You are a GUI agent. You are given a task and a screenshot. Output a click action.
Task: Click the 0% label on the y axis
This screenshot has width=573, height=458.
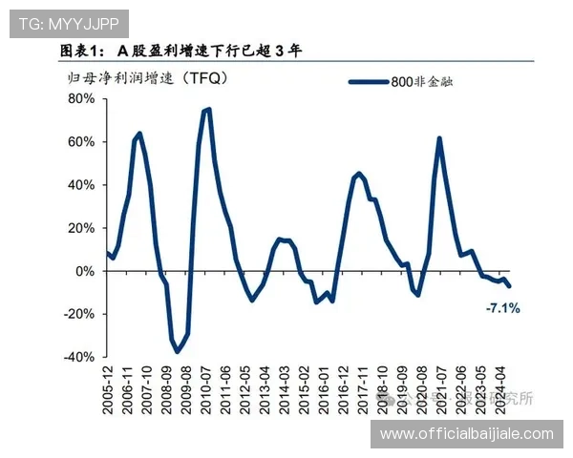[85, 271]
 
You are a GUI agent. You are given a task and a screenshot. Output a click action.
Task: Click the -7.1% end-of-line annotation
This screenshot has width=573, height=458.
[502, 307]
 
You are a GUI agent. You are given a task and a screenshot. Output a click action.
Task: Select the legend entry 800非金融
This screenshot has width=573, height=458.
[420, 82]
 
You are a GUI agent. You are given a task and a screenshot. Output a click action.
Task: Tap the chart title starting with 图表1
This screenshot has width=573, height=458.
[180, 51]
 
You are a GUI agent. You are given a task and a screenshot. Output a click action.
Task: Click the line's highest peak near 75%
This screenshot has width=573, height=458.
[207, 109]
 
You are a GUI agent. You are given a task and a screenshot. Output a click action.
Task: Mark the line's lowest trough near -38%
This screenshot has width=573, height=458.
[177, 352]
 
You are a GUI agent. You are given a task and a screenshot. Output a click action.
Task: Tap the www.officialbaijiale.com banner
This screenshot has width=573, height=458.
[466, 434]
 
